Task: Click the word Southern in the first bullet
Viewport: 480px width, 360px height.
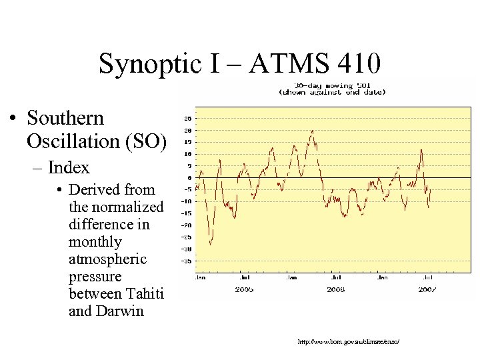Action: pos(65,118)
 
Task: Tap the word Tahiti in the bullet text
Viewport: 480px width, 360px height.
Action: pos(143,293)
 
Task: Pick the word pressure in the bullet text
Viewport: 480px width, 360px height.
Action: pos(95,276)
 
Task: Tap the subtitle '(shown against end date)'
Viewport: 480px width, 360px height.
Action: pos(331,92)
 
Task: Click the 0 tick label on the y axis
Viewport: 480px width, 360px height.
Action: pos(189,178)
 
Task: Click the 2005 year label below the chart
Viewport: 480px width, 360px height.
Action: pos(245,289)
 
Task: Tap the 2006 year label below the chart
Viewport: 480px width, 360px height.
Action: pos(336,289)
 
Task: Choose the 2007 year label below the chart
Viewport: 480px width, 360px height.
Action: pos(427,289)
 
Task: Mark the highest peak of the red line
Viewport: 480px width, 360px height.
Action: pos(312,131)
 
